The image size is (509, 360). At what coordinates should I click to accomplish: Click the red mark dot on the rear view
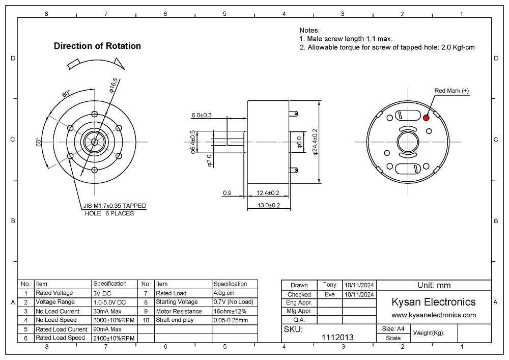(426, 118)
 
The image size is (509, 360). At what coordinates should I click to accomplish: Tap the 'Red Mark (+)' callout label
(451, 91)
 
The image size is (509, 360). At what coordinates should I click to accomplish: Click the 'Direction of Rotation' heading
(97, 46)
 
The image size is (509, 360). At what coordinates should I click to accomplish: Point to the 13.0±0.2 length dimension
(269, 205)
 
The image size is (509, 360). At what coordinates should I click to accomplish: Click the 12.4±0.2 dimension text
(268, 193)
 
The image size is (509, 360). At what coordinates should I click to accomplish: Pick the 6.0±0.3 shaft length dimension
(201, 115)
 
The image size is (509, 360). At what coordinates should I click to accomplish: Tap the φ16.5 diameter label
(113, 84)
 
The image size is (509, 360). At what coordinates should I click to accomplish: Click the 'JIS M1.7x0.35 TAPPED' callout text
(115, 206)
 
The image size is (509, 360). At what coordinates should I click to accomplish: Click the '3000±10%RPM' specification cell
(113, 320)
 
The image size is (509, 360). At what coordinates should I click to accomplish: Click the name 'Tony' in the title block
(329, 285)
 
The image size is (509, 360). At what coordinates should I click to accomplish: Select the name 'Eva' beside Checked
(329, 294)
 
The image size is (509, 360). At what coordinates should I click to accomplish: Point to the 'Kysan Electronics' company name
(433, 302)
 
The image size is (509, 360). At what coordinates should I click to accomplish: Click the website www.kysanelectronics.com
(434, 315)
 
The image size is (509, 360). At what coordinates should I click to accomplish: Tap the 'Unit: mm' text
(434, 285)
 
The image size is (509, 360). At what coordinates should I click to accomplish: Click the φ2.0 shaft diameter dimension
(209, 161)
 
